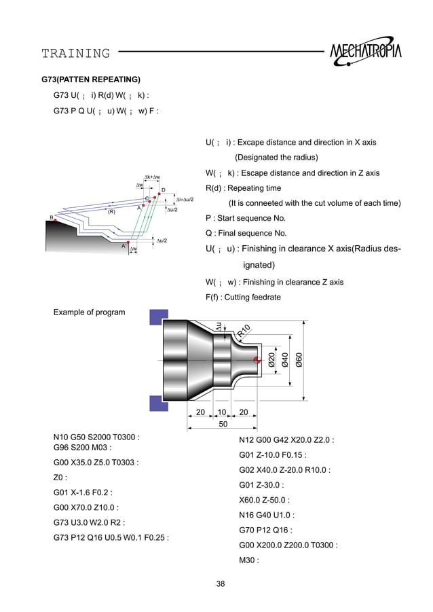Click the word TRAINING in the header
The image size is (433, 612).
click(x=75, y=53)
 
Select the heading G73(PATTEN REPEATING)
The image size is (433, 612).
click(x=91, y=79)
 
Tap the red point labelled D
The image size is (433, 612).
click(x=159, y=195)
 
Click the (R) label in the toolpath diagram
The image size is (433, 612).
click(x=111, y=211)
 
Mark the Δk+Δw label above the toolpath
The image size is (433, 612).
click(x=151, y=177)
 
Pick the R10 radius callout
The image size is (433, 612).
click(x=244, y=331)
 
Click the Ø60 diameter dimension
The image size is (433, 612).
click(x=299, y=358)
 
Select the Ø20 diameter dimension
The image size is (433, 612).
click(x=271, y=359)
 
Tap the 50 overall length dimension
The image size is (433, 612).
click(x=223, y=425)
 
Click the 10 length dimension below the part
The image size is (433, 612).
click(x=222, y=412)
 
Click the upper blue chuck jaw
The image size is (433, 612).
click(x=159, y=317)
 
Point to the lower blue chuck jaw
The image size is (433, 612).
click(x=159, y=403)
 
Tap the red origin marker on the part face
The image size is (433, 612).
click(x=257, y=359)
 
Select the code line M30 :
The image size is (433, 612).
click(x=250, y=560)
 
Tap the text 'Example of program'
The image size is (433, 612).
click(x=89, y=312)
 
